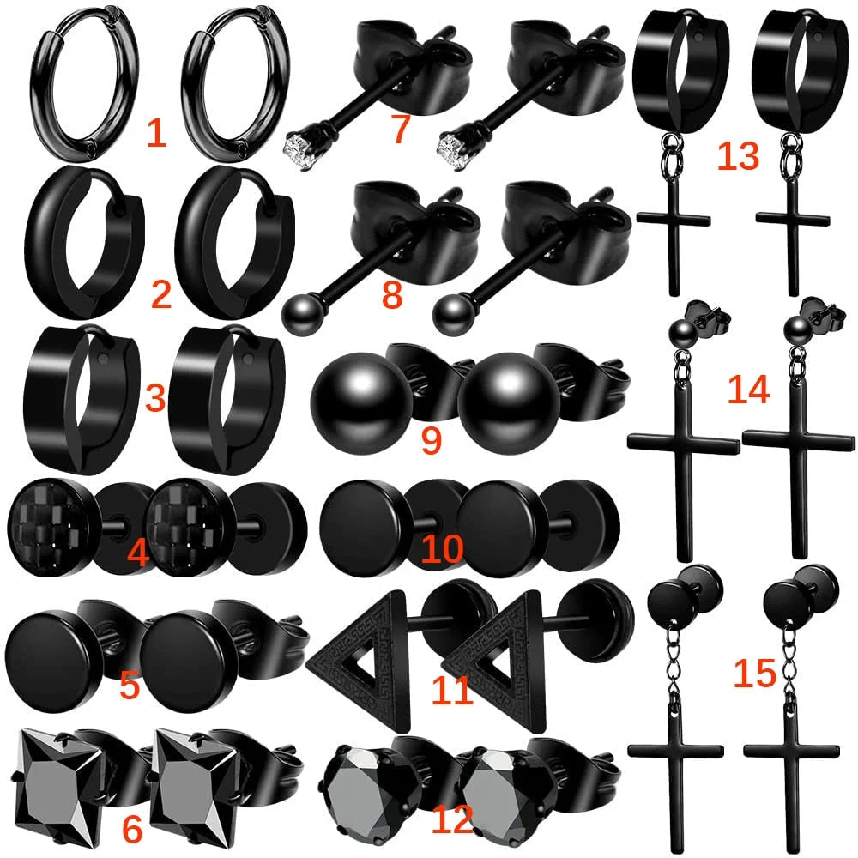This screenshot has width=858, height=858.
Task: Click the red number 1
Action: point(156,133)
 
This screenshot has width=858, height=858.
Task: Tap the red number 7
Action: point(401,130)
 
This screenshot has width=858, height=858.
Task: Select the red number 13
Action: point(738,155)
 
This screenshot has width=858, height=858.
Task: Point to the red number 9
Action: point(432,439)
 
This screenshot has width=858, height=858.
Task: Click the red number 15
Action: point(755,673)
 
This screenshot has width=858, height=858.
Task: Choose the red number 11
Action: point(452,691)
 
